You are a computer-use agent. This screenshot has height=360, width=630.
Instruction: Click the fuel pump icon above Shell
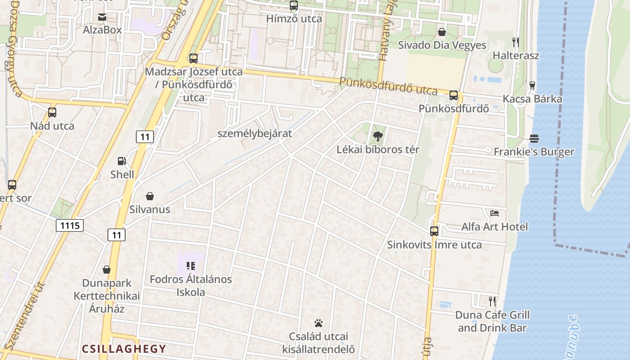click(x=121, y=161)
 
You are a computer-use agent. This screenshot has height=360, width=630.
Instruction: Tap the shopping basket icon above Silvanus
click(x=150, y=196)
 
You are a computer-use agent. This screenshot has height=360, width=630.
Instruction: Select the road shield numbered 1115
click(x=70, y=225)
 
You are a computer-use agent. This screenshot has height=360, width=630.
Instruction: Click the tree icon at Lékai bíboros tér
click(x=378, y=136)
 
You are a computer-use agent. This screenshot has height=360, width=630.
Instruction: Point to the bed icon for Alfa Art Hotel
click(x=495, y=213)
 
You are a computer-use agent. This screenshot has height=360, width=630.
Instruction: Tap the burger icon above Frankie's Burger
click(x=534, y=138)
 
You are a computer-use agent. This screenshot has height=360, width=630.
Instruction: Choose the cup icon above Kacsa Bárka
click(x=532, y=85)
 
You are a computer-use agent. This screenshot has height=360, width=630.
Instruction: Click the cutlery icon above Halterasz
click(x=516, y=42)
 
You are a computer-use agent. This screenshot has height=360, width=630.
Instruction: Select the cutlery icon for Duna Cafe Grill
click(x=493, y=301)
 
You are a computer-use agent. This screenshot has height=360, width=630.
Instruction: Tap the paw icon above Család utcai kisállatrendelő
click(x=319, y=323)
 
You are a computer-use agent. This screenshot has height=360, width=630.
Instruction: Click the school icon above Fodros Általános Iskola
click(x=191, y=266)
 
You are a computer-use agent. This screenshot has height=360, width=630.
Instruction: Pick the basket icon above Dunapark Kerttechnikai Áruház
click(x=107, y=270)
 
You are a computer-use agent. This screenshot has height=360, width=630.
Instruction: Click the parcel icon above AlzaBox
click(x=102, y=17)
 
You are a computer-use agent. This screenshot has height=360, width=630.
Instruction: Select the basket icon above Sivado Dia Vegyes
click(x=442, y=31)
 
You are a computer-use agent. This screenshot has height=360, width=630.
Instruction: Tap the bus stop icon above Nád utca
click(x=52, y=112)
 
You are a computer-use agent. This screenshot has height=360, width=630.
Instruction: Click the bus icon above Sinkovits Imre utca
click(x=434, y=231)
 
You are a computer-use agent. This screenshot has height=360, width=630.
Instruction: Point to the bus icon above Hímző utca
click(x=294, y=5)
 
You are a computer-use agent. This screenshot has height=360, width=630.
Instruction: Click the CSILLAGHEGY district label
click(x=124, y=349)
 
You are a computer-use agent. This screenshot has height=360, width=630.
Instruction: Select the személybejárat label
click(x=255, y=134)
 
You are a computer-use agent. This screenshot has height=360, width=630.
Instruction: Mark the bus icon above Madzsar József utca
click(x=193, y=58)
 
